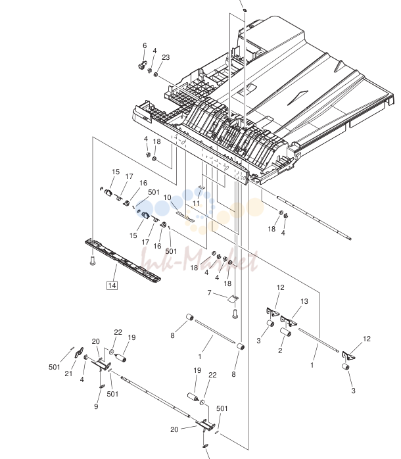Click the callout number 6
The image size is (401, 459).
[x=145, y=45]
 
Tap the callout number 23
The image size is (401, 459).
[x=166, y=57]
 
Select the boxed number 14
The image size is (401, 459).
[x=112, y=285]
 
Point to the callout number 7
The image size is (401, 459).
[x=209, y=293]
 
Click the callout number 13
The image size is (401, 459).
[x=304, y=301]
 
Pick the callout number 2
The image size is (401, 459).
[x=280, y=350]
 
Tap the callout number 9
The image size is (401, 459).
[x=96, y=406]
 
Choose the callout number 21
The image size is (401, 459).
[x=68, y=374]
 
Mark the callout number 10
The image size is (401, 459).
[x=167, y=197]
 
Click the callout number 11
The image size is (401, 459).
[x=196, y=203]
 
